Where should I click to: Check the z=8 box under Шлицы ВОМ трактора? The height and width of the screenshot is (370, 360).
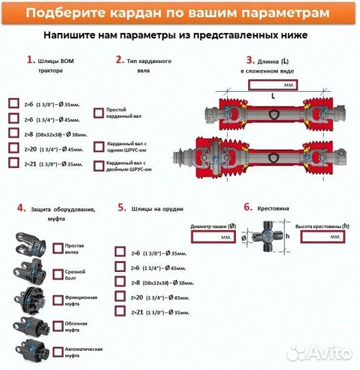click(x=14, y=133)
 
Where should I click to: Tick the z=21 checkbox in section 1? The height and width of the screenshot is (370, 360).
click(x=14, y=163)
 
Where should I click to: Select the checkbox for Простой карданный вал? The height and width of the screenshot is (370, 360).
click(x=98, y=112)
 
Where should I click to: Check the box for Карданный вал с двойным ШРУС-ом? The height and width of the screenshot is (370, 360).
click(x=98, y=165)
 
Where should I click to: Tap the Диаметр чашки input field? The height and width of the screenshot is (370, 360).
click(x=213, y=236)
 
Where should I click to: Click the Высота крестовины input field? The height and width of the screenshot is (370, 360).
click(x=322, y=236)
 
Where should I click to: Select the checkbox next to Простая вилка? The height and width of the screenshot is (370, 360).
click(x=56, y=247)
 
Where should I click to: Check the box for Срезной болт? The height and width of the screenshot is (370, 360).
click(x=56, y=273)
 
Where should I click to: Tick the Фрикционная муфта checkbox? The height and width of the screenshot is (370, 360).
click(x=56, y=300)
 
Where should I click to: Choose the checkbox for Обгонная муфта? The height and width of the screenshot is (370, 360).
click(x=56, y=327)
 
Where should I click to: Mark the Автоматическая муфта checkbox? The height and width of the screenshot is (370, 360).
click(x=56, y=352)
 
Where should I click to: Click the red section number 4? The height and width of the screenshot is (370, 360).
click(x=21, y=208)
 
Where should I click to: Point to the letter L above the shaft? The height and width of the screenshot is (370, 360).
click(x=273, y=97)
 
